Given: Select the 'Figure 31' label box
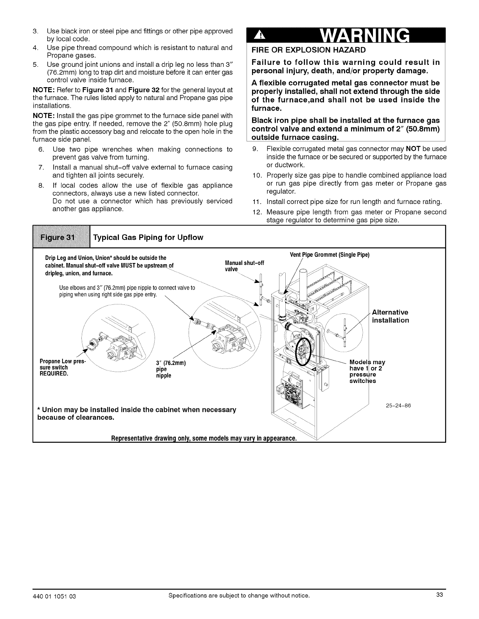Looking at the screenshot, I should point(61,238).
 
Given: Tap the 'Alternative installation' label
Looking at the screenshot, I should point(390,316).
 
